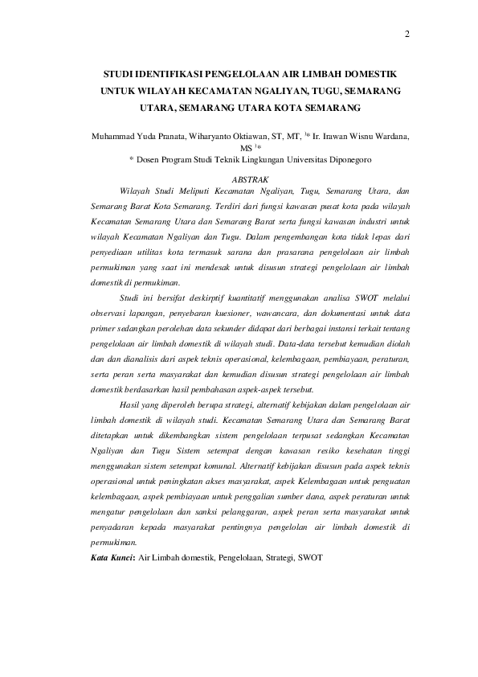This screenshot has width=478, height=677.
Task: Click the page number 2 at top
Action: coord(407,35)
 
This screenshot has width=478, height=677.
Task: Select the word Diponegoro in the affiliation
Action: coord(325,160)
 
